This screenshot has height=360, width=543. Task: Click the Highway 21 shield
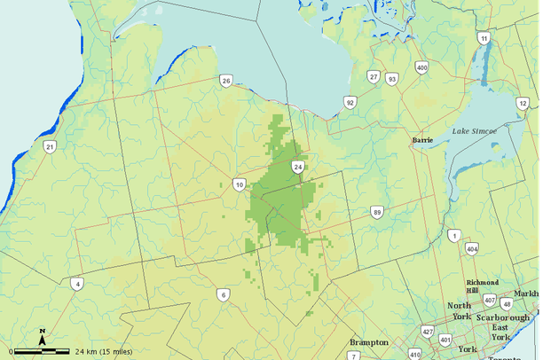coord(51,146)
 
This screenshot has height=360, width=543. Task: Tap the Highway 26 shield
coord(226,82)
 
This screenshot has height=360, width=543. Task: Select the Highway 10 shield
coord(240,184)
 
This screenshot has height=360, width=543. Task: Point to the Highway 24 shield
coord(298,167)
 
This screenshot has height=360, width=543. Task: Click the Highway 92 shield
coord(350,103)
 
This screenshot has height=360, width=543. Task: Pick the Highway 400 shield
coord(421,67)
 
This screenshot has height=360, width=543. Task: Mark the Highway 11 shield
coord(484,38)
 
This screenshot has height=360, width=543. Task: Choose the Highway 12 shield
coord(523,104)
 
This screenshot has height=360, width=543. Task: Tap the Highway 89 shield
coord(377,212)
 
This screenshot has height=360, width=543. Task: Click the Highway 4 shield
coord(77,284)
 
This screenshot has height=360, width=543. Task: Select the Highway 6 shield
coord(224,294)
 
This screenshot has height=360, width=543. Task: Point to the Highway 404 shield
coord(471,249)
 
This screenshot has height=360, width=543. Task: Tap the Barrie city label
coord(423,140)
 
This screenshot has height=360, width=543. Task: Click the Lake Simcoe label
coord(475,131)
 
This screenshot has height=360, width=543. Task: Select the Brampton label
coord(369,342)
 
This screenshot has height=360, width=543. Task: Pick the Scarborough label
coord(502,317)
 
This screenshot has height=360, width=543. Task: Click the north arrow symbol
coord(42,335)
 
